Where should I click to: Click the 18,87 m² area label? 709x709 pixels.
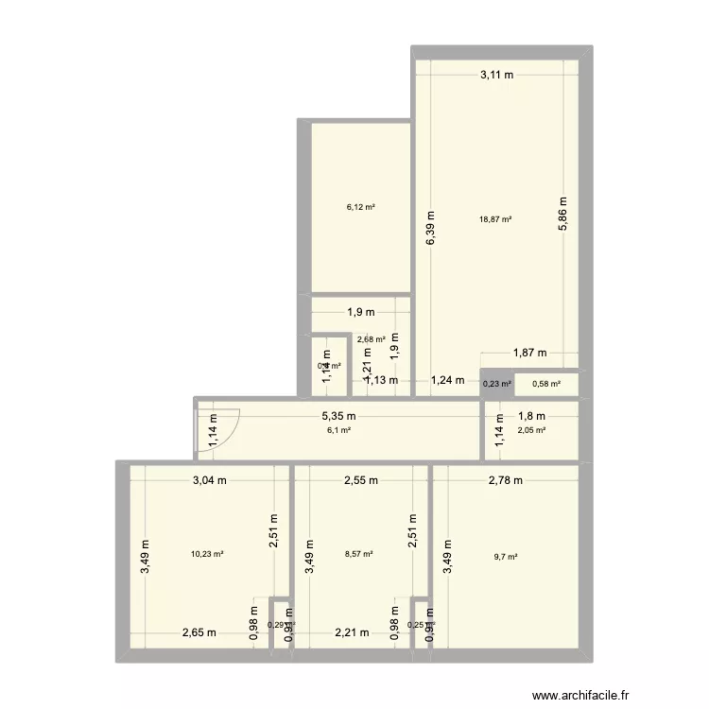(495, 218)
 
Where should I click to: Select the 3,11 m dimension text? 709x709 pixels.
(496, 76)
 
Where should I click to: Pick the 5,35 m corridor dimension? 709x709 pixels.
(337, 417)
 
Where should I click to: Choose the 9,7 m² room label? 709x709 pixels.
(507, 556)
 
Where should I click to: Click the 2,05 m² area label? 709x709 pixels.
(531, 430)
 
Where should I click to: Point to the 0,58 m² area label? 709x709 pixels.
(546, 384)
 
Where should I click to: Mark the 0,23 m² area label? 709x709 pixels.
(497, 384)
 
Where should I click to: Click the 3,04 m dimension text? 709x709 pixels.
(210, 480)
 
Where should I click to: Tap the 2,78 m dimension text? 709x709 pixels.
(506, 480)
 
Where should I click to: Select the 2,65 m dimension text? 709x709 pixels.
(199, 632)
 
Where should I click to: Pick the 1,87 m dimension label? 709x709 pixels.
(529, 354)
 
